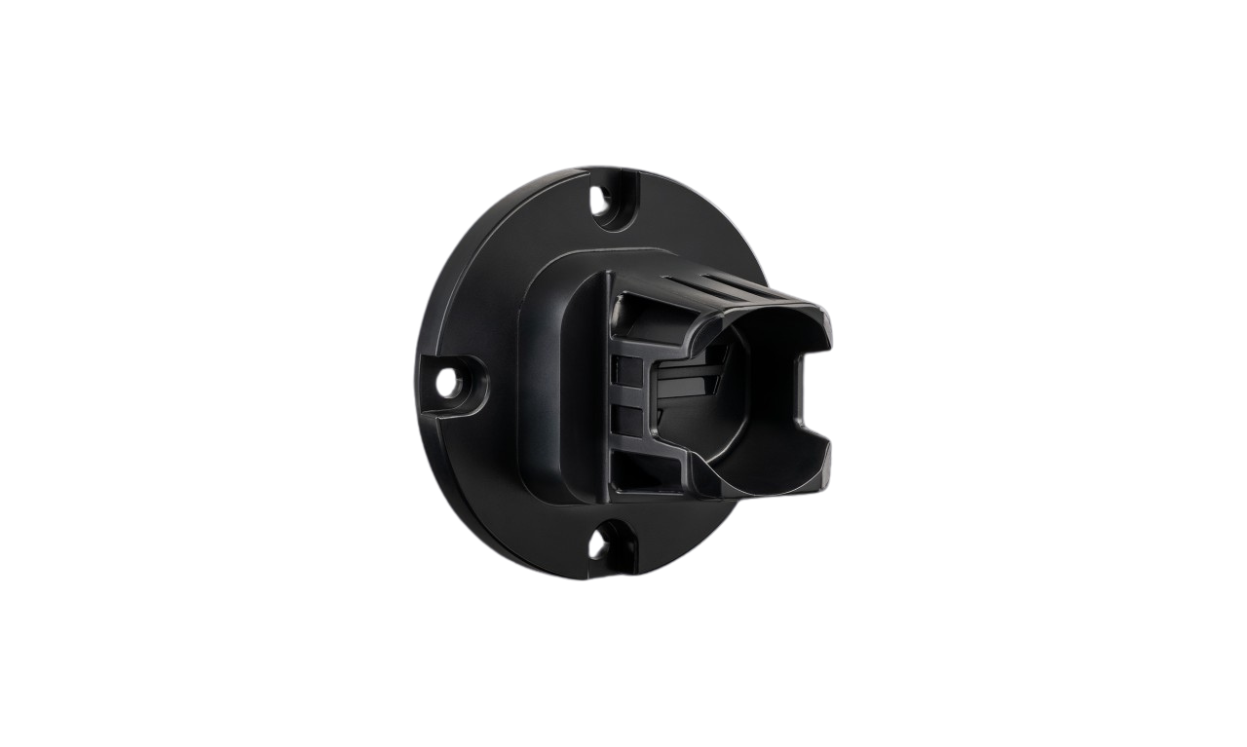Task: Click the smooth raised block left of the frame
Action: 555,390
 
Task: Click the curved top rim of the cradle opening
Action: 770,314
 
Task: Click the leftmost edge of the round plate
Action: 419,380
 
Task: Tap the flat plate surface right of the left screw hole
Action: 497,390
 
